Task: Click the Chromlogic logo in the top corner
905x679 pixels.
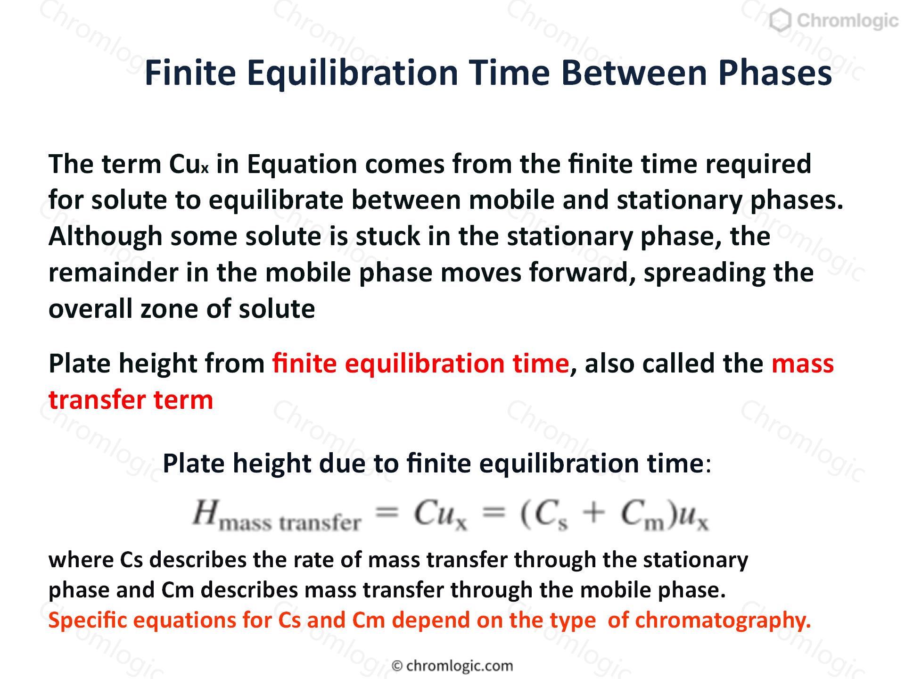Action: pyautogui.click(x=834, y=21)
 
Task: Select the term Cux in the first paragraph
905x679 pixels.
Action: pyautogui.click(x=189, y=164)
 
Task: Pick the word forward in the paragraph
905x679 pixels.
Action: pyautogui.click(x=583, y=273)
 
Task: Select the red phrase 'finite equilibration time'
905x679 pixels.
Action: pyautogui.click(x=421, y=364)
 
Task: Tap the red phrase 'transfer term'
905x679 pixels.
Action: pyautogui.click(x=131, y=400)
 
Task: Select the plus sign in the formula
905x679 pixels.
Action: pyautogui.click(x=594, y=513)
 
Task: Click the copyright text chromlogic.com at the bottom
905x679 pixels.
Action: pyautogui.click(x=452, y=666)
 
